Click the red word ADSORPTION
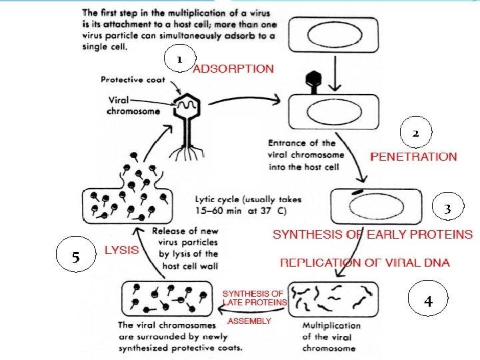coord(233,69)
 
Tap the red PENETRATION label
coord(413,157)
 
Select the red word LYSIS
coord(122,251)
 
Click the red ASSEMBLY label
coord(249,321)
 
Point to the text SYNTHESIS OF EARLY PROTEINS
coord(373,235)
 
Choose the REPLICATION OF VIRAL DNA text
coord(365,263)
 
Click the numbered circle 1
coord(178,59)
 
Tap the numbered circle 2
coord(415,133)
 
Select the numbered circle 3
coord(448,209)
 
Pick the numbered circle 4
coord(428,302)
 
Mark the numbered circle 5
coord(75,257)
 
